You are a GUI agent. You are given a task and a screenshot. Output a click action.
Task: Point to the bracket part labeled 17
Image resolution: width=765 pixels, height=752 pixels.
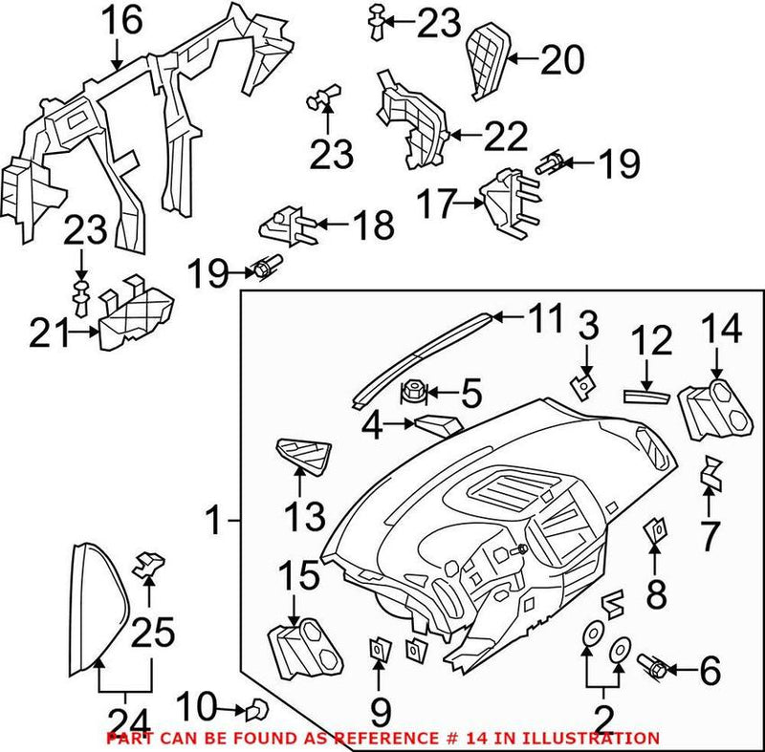(503, 200)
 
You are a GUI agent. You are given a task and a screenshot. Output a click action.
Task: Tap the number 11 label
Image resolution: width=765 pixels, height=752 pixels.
(546, 320)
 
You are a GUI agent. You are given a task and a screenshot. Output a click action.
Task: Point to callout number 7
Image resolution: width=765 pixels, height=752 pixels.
(709, 535)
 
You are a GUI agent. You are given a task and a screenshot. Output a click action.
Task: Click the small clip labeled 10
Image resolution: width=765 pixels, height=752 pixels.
(255, 708)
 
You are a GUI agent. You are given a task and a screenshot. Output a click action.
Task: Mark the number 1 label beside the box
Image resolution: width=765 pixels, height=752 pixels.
(216, 522)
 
